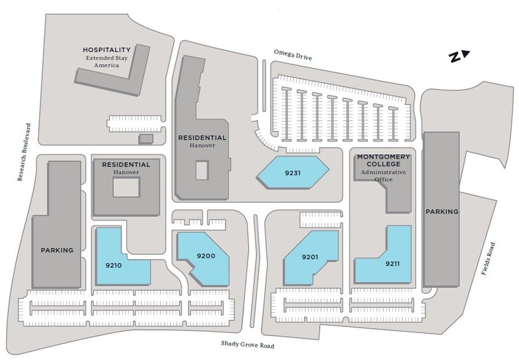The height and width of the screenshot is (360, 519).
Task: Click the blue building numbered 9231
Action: pos(293,173)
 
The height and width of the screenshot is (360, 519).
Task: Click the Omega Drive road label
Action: pos(293,55)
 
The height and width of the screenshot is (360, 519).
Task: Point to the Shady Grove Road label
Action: pos(248,345)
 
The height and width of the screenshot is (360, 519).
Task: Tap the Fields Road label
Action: pos(488,258)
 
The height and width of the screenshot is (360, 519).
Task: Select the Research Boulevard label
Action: pos(24,152)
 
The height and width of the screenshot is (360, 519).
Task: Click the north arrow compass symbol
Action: pos(459,56)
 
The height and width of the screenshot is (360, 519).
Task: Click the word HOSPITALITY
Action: pos(106,50)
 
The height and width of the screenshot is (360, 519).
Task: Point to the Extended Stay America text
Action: pos(106,62)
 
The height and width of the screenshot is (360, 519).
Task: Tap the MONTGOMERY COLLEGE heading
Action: pos(383,160)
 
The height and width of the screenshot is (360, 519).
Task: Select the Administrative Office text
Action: pos(383,176)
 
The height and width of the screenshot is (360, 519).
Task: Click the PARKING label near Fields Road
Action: pos(442,211)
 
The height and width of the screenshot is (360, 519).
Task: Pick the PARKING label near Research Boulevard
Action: pos(57,250)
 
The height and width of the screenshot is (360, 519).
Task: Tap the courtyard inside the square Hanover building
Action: pos(127,187)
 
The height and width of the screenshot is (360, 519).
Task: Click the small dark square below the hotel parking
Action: pos(146,139)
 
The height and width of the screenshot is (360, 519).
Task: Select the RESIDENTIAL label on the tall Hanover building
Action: pos(202,137)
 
